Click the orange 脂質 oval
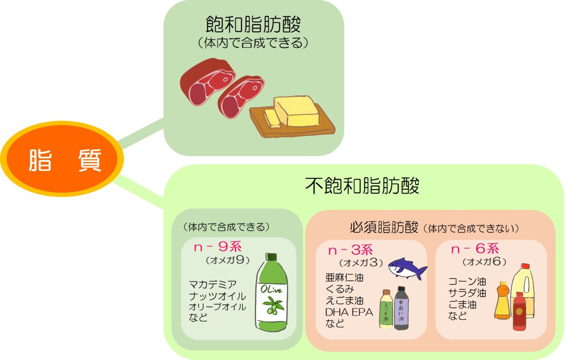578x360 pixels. [x=62, y=159]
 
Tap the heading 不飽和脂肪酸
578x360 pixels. [x=362, y=186]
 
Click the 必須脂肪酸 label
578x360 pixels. [x=384, y=227]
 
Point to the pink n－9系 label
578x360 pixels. [x=218, y=247]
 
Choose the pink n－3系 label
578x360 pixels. [x=350, y=250]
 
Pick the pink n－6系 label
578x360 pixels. [x=475, y=249]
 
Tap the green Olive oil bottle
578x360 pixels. [x=272, y=296]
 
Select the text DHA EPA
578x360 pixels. [x=349, y=312]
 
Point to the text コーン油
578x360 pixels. [x=467, y=281]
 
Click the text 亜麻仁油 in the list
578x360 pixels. [x=344, y=278]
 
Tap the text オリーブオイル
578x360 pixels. [x=217, y=307]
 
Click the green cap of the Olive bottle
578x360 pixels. [x=271, y=257]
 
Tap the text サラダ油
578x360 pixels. [x=467, y=293]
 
